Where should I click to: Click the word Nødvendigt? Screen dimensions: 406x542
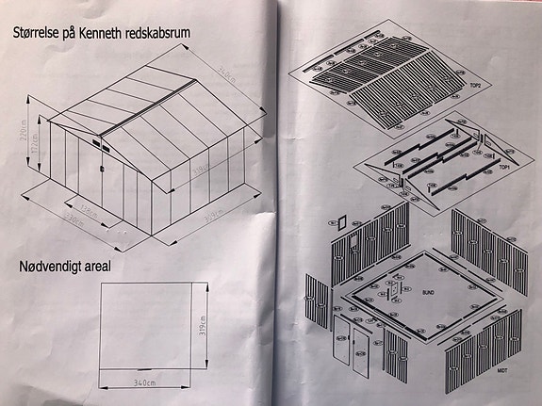[53, 267]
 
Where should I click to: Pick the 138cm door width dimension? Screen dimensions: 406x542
[90, 209]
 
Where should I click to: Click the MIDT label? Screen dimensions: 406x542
[504, 372]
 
